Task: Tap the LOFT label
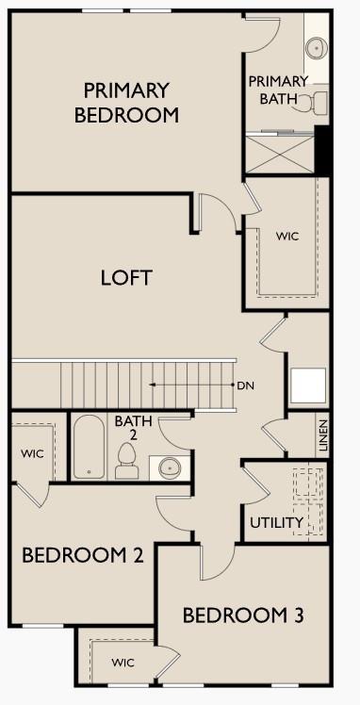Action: tap(126, 278)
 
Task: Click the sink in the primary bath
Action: tap(316, 47)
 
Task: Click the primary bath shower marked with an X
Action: tap(280, 151)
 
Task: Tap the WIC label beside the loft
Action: tap(286, 236)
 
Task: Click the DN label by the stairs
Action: tap(246, 385)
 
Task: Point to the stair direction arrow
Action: tap(188, 385)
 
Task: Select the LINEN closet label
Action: tap(322, 436)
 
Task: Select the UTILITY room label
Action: tap(276, 522)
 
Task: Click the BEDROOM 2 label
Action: tap(82, 555)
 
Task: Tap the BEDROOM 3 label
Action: tap(242, 616)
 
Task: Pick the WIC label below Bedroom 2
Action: tap(123, 664)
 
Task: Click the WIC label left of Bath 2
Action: tap(32, 453)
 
